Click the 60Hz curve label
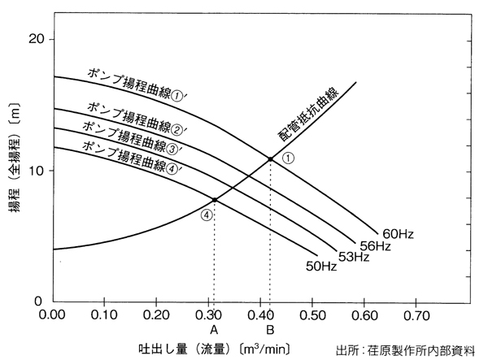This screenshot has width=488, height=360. click(x=400, y=235)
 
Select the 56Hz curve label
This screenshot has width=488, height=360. click(x=377, y=246)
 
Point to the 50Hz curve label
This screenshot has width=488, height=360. click(x=321, y=266)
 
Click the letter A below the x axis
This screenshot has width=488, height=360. click(x=214, y=330)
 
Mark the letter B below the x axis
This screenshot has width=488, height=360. click(x=270, y=330)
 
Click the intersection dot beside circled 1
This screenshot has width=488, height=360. click(x=270, y=158)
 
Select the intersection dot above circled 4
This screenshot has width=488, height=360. click(x=215, y=200)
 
